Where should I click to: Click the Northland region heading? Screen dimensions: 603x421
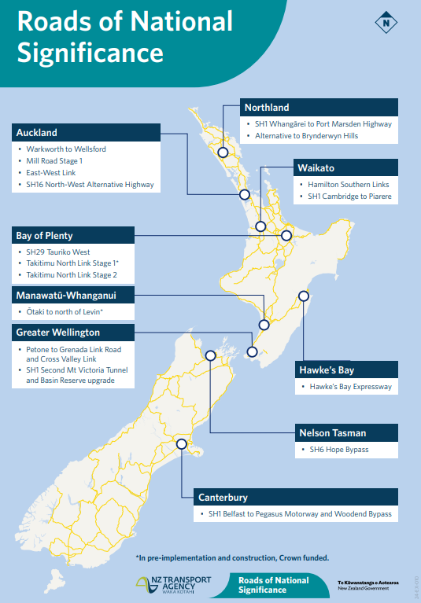click(267, 108)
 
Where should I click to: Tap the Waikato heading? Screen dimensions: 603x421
click(316, 168)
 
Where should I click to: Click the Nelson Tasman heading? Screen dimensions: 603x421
click(332, 433)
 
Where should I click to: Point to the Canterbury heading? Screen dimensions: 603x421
click(223, 497)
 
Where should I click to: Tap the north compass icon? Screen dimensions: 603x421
click(386, 22)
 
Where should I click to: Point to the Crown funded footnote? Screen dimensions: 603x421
click(231, 558)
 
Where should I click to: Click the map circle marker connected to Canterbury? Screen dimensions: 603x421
click(183, 445)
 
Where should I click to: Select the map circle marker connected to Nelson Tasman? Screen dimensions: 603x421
click(210, 355)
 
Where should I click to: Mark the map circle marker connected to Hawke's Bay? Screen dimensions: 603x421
click(302, 296)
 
